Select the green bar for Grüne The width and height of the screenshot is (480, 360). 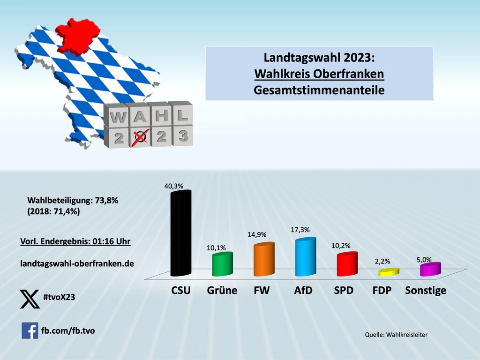(x=222, y=265)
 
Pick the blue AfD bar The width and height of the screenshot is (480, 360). (x=305, y=257)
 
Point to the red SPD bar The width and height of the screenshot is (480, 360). (x=347, y=265)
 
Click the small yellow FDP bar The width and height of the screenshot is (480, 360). (x=389, y=272)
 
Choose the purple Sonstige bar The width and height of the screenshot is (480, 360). (x=430, y=269)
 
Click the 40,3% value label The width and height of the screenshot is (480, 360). (x=173, y=186)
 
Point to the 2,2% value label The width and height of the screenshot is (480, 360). (x=382, y=262)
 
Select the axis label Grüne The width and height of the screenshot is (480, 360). (x=222, y=291)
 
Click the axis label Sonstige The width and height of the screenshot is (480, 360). (x=425, y=291)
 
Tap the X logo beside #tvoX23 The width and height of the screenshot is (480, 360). (x=30, y=299)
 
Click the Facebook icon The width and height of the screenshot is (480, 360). (x=30, y=330)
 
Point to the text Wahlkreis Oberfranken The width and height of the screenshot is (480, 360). (x=319, y=74)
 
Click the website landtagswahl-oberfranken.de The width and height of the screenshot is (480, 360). (x=77, y=264)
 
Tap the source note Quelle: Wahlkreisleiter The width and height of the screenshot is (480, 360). (x=396, y=334)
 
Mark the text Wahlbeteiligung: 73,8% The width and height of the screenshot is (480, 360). (x=73, y=201)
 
